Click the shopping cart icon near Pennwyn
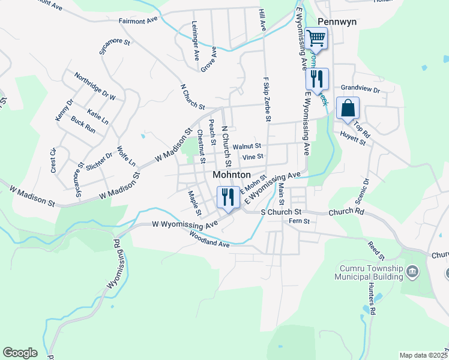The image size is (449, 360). (x=316, y=40)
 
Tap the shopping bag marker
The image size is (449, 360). (x=347, y=109)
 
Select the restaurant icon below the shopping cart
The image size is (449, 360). (x=316, y=79)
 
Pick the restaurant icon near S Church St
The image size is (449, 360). (x=228, y=196)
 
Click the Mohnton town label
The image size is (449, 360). (x=231, y=175)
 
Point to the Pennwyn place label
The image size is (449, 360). (x=336, y=21)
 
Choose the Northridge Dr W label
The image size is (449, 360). (x=95, y=86)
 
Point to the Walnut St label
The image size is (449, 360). (x=247, y=146)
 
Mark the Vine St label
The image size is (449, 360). (x=252, y=157)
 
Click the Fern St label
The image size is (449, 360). (x=299, y=221)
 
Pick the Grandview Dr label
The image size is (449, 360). (x=360, y=89)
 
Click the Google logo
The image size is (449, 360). (x=20, y=353)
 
